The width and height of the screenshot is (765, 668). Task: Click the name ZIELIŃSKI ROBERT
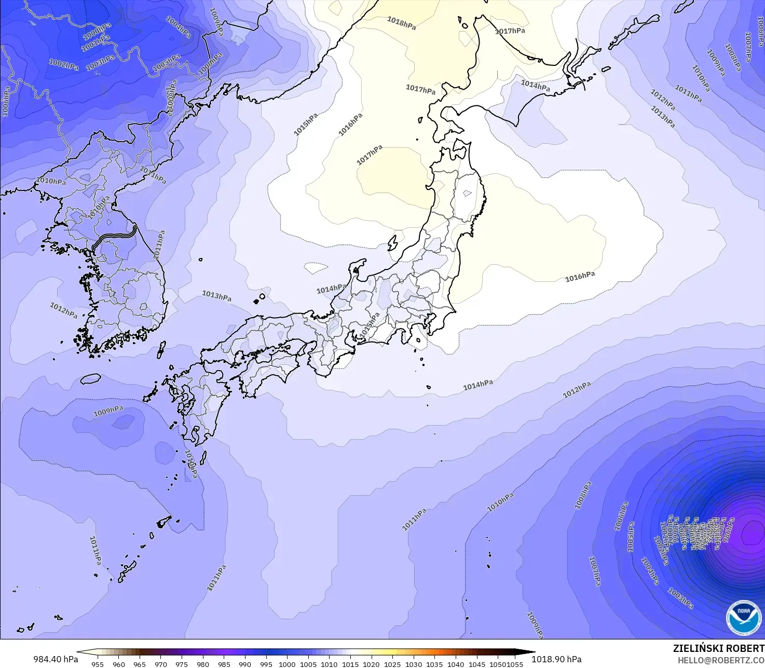point(718,649)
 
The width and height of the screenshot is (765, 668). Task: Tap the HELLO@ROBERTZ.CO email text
point(721,660)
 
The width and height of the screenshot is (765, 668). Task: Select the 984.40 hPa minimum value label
point(56,659)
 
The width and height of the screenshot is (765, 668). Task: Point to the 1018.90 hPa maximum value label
point(556,659)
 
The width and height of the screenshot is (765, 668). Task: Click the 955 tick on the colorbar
point(98,664)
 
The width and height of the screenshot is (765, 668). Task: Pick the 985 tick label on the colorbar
point(224,664)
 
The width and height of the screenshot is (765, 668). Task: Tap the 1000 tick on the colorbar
point(287,664)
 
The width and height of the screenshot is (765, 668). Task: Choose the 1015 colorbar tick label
point(350,664)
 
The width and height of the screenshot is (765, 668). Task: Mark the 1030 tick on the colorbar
point(414,664)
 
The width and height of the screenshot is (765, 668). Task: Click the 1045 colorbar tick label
point(477,664)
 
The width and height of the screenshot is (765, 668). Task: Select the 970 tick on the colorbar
point(161,664)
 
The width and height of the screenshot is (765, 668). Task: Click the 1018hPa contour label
point(401,23)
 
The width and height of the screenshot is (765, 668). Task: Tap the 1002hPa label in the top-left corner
point(63,64)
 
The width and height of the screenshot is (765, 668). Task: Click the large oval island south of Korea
point(90,379)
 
